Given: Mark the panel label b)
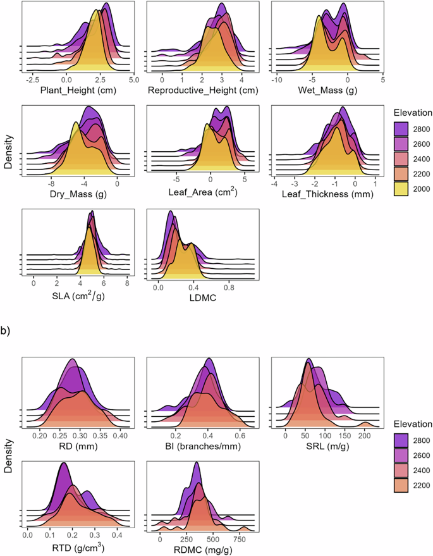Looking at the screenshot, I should coord(9,330).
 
